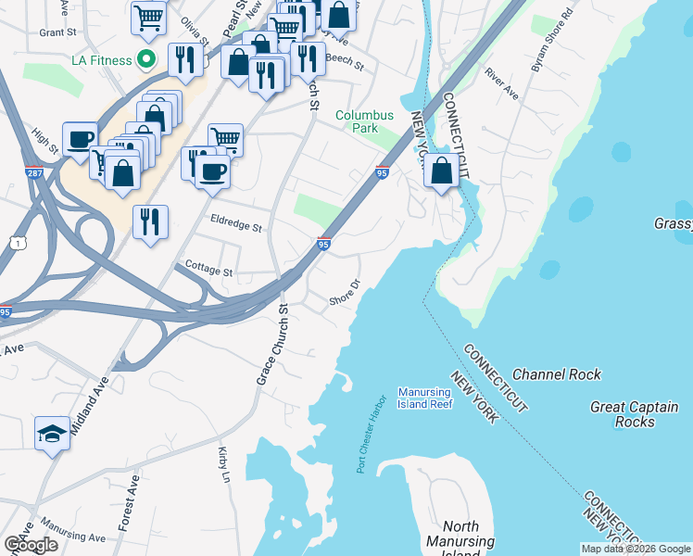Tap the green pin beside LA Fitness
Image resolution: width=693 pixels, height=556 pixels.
click(145, 60)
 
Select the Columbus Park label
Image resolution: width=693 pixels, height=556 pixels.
click(365, 121)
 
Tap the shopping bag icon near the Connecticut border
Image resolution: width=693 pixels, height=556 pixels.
click(442, 171)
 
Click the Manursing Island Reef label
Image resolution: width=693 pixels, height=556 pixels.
click(425, 398)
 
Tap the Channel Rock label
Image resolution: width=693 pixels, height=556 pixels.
click(556, 374)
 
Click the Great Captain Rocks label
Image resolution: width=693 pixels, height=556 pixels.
click(635, 414)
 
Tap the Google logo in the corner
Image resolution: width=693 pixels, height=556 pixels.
click(31, 545)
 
